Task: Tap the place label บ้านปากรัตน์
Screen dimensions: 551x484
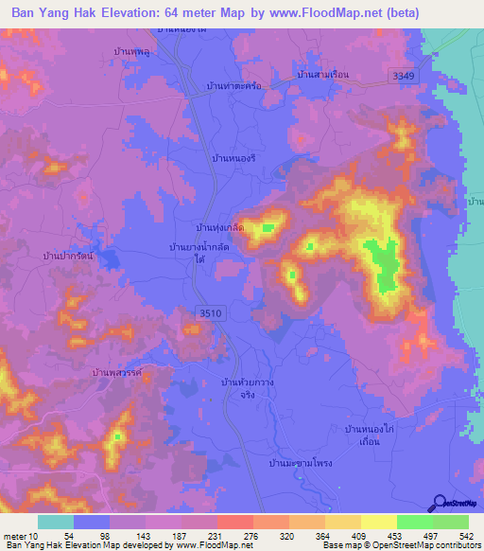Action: [67, 255]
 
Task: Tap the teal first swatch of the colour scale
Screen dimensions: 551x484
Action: [56, 522]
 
